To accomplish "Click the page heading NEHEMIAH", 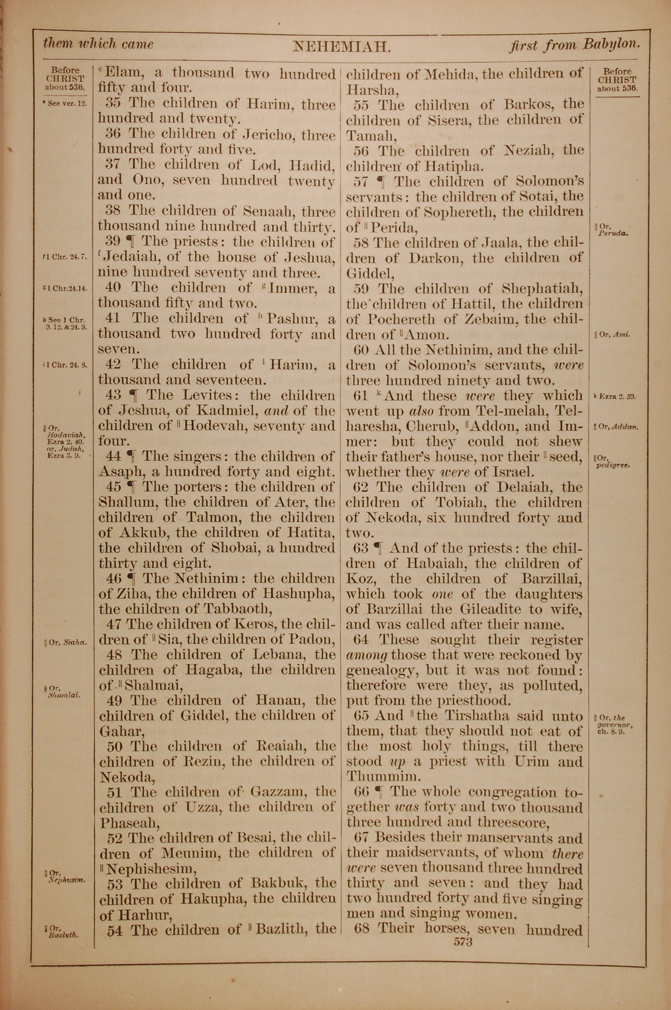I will (x=342, y=46).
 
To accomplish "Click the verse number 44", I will (x=113, y=456).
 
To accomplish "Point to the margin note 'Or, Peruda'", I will (x=612, y=231).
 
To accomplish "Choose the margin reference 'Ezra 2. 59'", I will (x=615, y=397).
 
